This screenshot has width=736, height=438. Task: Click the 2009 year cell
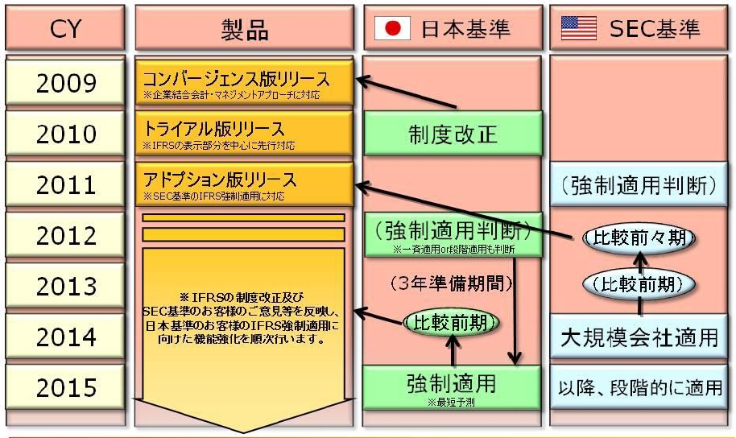tap(66, 83)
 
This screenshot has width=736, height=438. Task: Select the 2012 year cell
tap(66, 235)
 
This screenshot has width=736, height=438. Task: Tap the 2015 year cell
tap(66, 387)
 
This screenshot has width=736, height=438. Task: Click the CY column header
tap(66, 30)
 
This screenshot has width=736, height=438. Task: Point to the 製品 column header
tap(244, 30)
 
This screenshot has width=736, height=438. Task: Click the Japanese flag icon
tap(392, 30)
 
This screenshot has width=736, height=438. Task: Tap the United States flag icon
tap(578, 30)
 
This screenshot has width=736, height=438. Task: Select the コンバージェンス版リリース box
tap(244, 83)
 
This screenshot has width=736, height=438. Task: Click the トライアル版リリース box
tap(244, 134)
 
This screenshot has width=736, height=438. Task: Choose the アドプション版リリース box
tap(244, 184)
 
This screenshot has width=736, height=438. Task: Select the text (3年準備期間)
tap(451, 283)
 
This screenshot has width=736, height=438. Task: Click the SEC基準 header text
tap(654, 30)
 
